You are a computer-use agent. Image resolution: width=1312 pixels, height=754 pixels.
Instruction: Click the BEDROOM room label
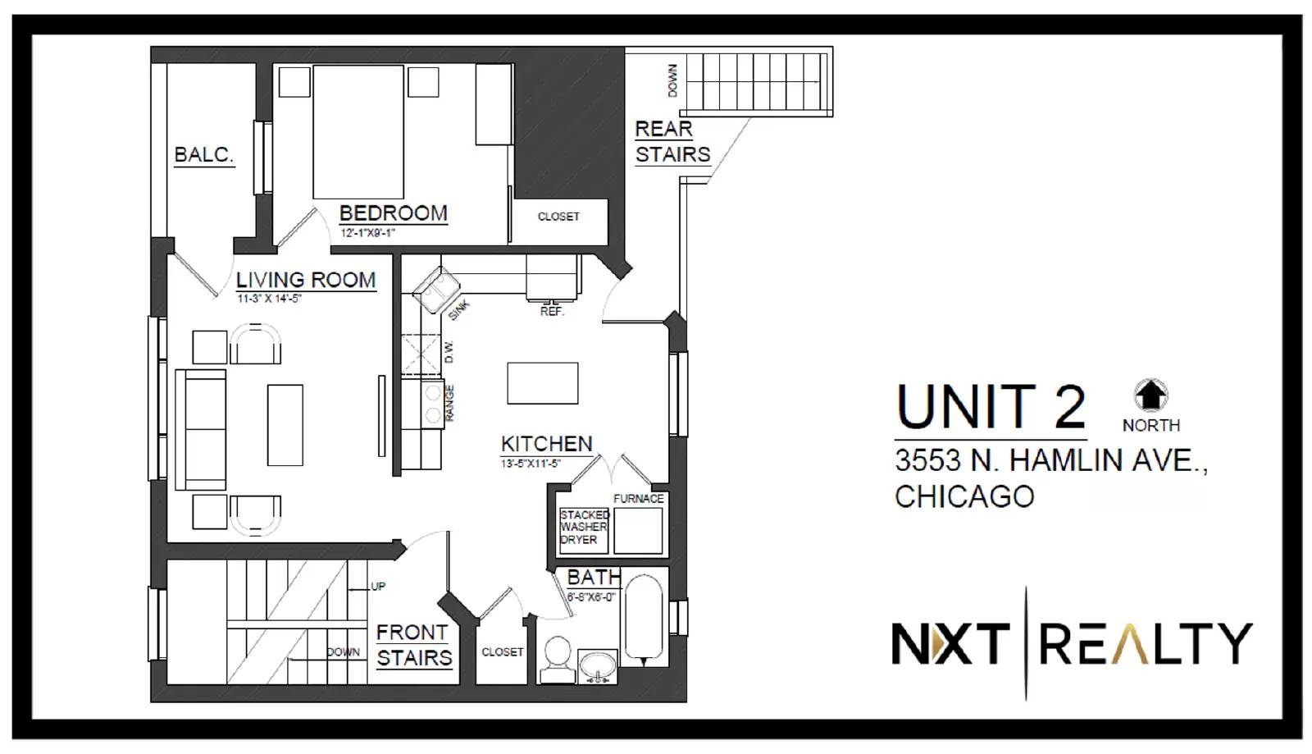[x=394, y=212]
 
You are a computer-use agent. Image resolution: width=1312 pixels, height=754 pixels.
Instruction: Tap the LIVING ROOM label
[x=306, y=280]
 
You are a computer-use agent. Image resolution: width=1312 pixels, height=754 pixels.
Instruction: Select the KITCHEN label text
[x=547, y=444]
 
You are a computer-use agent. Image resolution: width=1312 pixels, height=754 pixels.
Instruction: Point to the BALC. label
[x=204, y=155]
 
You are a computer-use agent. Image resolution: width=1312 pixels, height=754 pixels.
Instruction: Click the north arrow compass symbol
[x=1151, y=395]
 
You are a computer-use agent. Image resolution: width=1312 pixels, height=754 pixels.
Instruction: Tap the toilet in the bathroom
[x=557, y=659]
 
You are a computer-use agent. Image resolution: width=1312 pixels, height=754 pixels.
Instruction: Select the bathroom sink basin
[x=598, y=666]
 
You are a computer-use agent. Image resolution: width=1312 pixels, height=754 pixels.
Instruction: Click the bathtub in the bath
[x=644, y=620]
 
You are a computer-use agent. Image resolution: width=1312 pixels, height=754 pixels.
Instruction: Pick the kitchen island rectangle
[x=542, y=383]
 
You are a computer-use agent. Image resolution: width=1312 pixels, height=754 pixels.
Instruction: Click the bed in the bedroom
[x=358, y=132]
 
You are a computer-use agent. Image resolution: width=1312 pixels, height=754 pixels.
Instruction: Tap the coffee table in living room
[x=285, y=425]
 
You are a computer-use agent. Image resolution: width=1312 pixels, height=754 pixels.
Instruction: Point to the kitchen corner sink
[x=436, y=290]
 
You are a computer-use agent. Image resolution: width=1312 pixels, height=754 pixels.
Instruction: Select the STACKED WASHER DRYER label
[x=583, y=528]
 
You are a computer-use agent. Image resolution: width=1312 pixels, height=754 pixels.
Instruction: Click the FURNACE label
[x=639, y=499]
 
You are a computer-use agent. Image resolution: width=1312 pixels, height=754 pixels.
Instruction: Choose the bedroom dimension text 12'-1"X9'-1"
[x=368, y=233]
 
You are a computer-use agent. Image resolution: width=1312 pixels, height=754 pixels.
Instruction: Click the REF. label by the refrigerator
[x=552, y=311]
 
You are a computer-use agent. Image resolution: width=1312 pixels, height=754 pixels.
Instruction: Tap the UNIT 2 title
[x=991, y=407]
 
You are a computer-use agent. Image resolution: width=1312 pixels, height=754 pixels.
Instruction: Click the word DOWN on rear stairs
[x=672, y=80]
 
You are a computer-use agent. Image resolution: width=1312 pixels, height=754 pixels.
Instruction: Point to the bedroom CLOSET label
[x=558, y=217]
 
